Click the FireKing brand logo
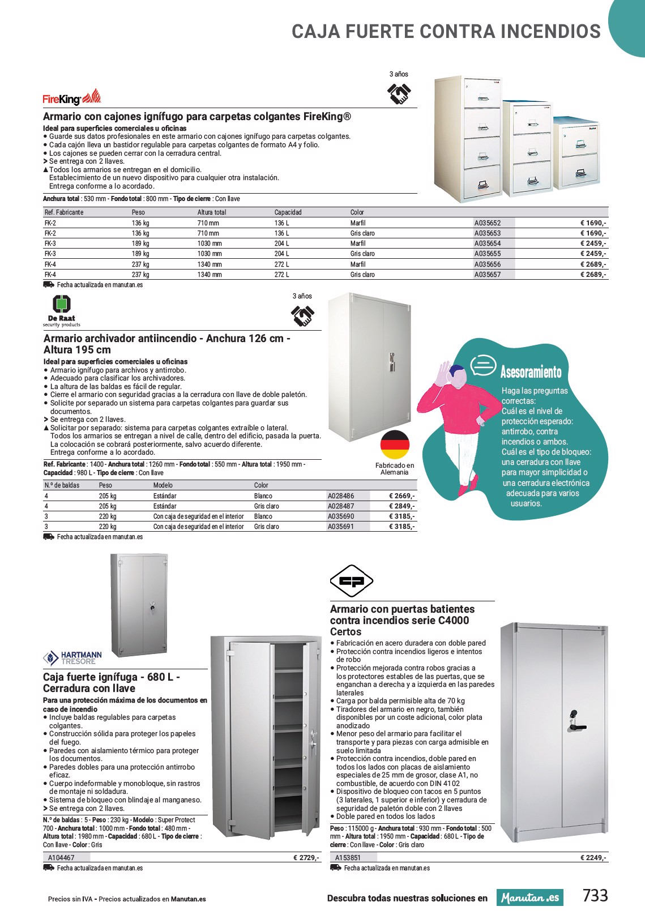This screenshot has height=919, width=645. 71,98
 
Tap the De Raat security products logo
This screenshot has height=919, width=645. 61,310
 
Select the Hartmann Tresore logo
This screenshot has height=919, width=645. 72,658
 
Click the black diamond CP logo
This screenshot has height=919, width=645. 351,580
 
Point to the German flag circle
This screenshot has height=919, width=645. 394,444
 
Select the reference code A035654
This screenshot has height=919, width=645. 488,243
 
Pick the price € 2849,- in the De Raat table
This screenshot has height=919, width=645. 401,506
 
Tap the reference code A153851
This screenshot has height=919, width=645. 348,858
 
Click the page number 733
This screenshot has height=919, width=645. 595,896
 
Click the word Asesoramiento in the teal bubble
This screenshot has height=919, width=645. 531,372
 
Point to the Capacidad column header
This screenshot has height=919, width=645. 288,212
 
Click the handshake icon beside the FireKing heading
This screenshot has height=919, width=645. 399,93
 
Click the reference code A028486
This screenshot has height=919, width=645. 341,496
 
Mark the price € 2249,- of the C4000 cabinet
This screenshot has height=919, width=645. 593,858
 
